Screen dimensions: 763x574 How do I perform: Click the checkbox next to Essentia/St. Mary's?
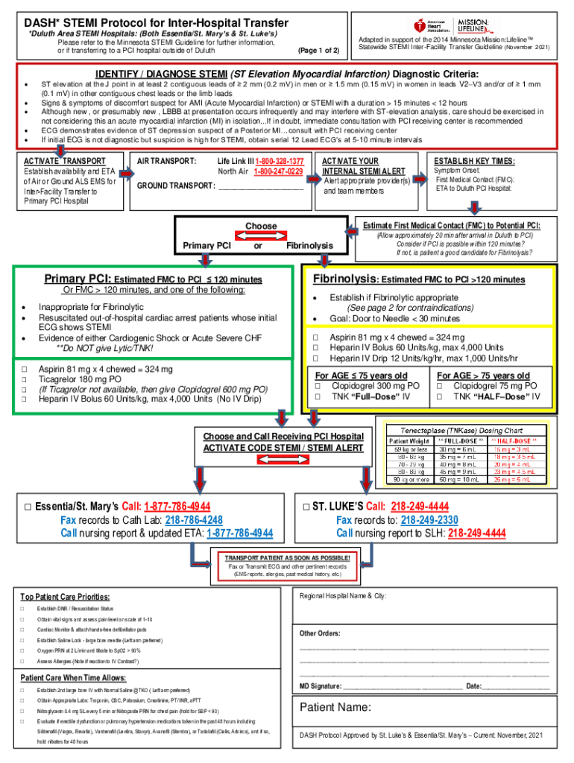27,507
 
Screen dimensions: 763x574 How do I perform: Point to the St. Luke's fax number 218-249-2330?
429,520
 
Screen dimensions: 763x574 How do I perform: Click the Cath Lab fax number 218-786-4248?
194,520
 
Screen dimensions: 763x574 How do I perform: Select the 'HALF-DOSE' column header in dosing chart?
514,440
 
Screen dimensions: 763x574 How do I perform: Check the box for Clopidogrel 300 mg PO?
318,386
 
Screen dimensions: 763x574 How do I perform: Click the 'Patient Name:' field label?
335,706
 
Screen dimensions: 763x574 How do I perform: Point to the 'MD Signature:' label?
321,686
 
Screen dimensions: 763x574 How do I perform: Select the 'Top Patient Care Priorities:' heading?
66,598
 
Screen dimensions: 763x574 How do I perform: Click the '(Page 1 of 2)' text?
318,51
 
